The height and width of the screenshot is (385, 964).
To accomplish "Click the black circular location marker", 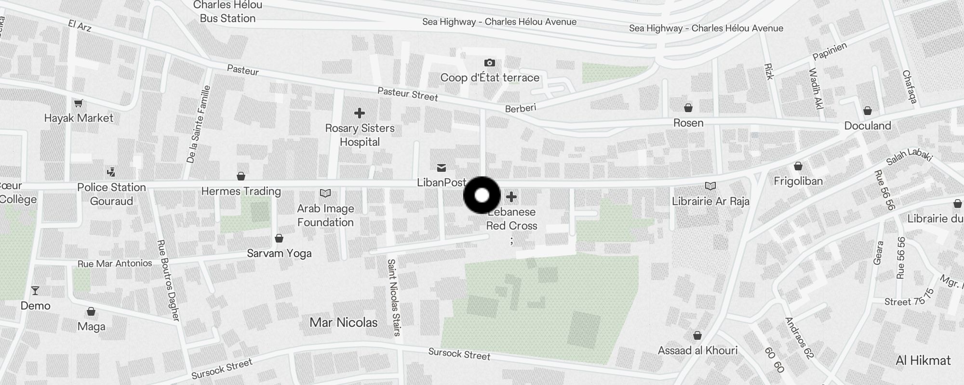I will coord(482,195).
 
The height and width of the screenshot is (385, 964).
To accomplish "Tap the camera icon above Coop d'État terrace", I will coord(489,63).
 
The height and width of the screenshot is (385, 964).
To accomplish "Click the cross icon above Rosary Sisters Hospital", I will coord(359,113).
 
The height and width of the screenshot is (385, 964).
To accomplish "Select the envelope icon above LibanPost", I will coord(441,168).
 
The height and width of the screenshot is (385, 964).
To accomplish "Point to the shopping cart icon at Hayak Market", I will coord(78,103).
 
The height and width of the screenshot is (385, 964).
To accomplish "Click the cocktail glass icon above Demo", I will coord(35,291).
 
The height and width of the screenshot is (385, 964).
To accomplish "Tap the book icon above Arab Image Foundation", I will coord(325,193).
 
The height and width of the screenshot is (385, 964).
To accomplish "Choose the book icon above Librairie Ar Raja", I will coord(710,186).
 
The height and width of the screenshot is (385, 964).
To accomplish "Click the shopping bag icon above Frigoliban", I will coord(798,167).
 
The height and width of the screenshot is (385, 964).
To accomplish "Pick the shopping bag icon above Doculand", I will coord(868,111).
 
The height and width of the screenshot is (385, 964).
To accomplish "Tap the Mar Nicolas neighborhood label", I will coord(343,322).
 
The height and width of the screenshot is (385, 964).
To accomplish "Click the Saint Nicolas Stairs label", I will coord(394,297).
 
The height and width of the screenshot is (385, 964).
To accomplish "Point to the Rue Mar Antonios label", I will coord(115,263).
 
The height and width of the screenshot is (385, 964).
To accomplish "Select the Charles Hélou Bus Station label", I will coord(228,12).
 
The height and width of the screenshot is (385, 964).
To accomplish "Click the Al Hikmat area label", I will coord(923,360).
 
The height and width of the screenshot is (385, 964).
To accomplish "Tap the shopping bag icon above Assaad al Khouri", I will coord(697,335).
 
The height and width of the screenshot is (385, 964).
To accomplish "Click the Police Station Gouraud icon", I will coord(111,172).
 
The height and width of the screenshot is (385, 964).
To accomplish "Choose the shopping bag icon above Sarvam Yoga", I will coord(279,238).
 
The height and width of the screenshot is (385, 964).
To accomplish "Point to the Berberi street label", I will coord(521,108).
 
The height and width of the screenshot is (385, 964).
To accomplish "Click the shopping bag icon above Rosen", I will coord(688,108).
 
